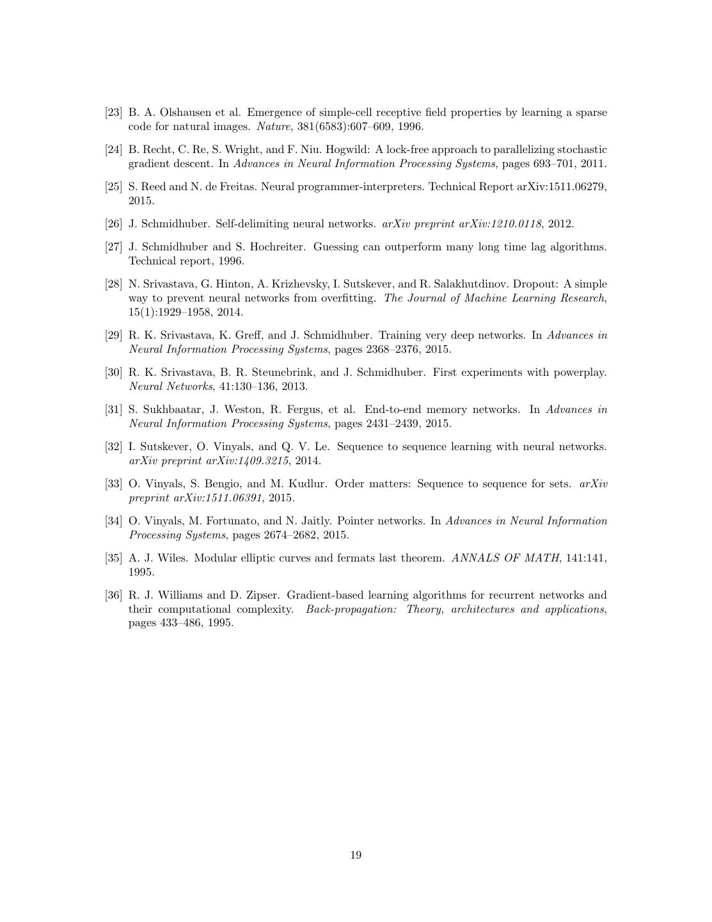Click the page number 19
tap(356, 855)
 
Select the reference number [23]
tap(113, 113)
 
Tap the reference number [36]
tap(113, 595)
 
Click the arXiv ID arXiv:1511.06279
tap(560, 187)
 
